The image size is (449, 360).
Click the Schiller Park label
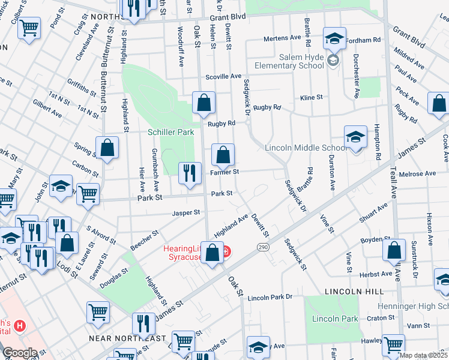[x=171, y=131]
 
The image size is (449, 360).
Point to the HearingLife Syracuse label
[x=184, y=253]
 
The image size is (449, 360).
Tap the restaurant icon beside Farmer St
[x=190, y=173]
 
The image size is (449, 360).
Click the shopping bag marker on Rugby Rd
[x=204, y=103]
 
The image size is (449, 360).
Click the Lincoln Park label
[x=339, y=319]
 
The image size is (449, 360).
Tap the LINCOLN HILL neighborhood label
[x=354, y=291]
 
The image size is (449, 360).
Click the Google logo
[x=20, y=353]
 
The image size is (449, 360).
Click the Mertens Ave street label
[x=282, y=38]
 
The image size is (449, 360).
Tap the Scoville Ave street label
[x=223, y=77]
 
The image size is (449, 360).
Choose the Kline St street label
[x=312, y=97]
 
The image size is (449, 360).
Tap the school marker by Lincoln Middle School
[x=355, y=138]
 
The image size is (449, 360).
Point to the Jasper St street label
[x=185, y=212]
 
